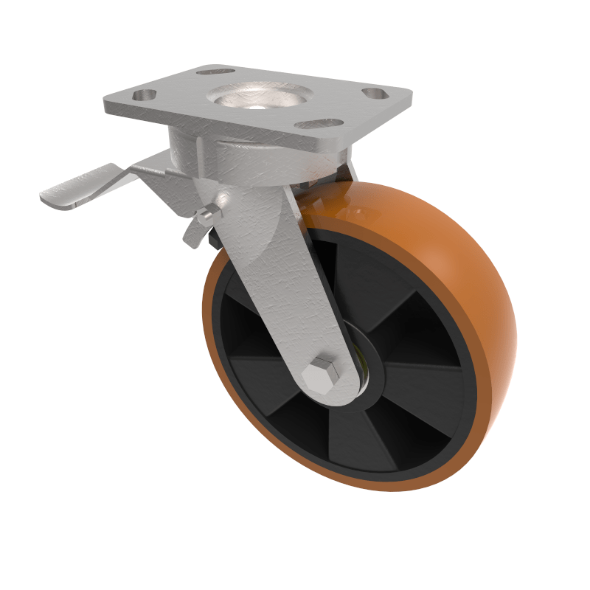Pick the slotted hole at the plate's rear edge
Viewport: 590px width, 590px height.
tap(216, 72)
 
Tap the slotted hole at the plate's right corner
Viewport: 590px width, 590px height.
tap(375, 94)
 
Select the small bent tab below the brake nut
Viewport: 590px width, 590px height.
tap(193, 235)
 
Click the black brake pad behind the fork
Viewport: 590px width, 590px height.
tap(215, 237)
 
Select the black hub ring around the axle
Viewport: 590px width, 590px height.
tap(369, 383)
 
